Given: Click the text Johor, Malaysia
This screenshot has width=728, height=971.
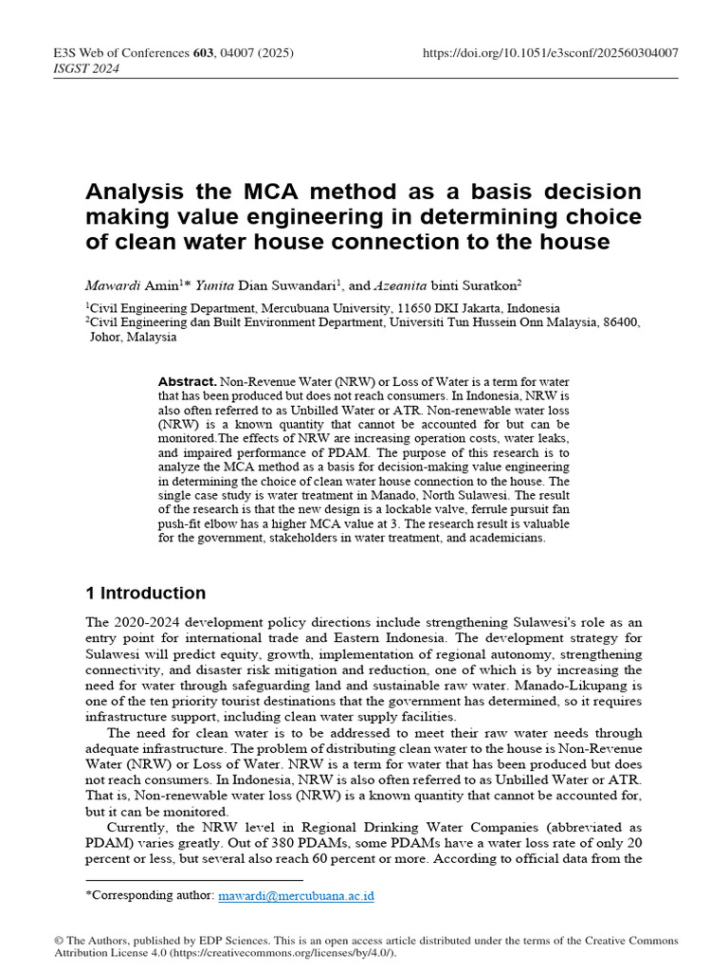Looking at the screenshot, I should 133,337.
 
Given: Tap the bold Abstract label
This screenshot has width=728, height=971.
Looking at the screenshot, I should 188,380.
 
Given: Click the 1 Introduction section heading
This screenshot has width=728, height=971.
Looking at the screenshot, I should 145,594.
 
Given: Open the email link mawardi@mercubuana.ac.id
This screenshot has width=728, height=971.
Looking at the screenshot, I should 296,895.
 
